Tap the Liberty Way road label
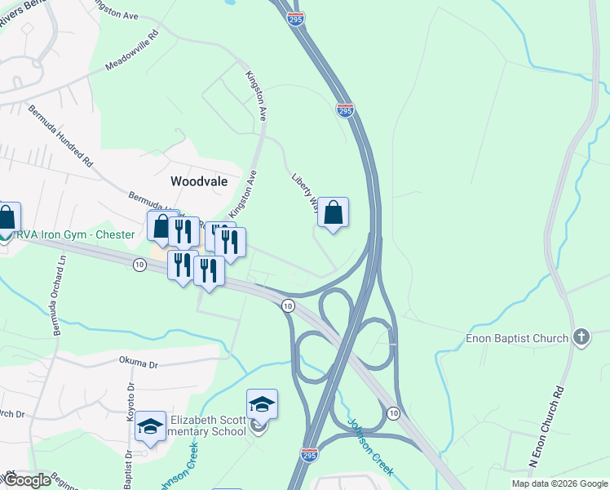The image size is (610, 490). coord(303,189)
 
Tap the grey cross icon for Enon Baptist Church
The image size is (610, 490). coord(581,336)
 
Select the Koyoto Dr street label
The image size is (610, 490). coord(130,400)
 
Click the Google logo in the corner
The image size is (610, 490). coord(26,480)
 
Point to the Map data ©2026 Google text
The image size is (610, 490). coord(559,483)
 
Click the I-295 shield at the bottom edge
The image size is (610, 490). coord(309,454)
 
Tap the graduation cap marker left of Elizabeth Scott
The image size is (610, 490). coord(150,426)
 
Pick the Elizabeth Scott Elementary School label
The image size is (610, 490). coord(207,426)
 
